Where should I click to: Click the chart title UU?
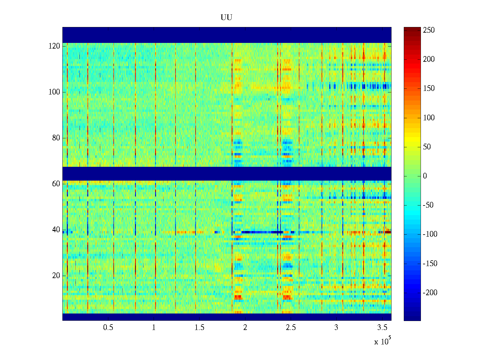(x=226, y=18)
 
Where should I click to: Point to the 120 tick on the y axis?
(x=54, y=46)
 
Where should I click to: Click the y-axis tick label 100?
(x=54, y=92)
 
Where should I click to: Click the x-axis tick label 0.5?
(x=108, y=328)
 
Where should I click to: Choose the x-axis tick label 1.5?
(x=199, y=328)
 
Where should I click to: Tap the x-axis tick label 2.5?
(x=291, y=328)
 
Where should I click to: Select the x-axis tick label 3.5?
(x=382, y=328)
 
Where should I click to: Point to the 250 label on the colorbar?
(x=429, y=30)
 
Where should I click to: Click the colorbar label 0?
(x=425, y=176)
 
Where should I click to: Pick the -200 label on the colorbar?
(x=430, y=293)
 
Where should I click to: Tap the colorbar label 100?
(x=429, y=118)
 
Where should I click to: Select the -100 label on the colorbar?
(x=430, y=234)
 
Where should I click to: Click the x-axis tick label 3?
(x=336, y=328)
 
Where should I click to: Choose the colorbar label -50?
(x=428, y=205)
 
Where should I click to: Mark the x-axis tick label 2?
(x=245, y=328)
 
